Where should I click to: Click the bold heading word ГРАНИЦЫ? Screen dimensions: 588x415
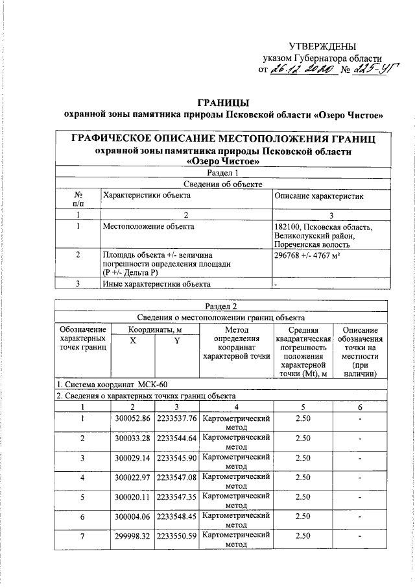click(224, 103)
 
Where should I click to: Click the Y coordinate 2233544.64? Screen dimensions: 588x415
click(177, 438)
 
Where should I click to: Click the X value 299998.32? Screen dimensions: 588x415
click(132, 538)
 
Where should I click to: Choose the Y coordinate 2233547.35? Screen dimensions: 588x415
click(177, 498)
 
